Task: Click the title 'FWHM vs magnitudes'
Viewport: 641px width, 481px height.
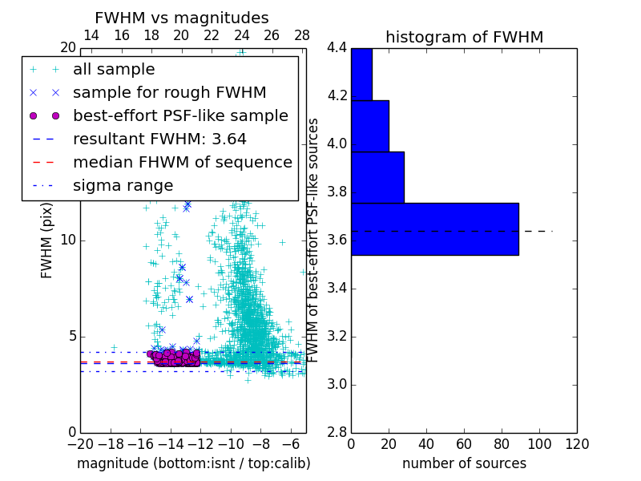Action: [182, 18]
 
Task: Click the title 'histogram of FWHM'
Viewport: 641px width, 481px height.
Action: [464, 37]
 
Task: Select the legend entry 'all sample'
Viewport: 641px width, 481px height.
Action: [114, 70]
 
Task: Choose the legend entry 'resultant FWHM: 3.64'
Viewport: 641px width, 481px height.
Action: [159, 139]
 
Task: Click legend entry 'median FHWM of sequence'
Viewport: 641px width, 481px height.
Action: [182, 162]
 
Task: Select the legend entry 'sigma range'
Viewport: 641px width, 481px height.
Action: [123, 185]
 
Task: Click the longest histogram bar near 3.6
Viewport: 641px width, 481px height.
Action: [434, 229]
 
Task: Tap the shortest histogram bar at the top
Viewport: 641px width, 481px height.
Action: [361, 74]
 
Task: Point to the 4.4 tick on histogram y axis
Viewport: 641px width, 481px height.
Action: [337, 48]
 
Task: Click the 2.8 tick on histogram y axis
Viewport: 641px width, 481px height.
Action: [337, 432]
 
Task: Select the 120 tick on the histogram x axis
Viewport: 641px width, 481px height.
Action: [577, 444]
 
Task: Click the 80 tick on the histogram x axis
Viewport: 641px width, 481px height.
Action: [502, 444]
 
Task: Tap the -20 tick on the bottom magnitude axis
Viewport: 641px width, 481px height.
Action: [80, 444]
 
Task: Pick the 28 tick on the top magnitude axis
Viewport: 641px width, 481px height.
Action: [302, 35]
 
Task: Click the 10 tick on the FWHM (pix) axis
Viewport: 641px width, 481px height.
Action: [69, 240]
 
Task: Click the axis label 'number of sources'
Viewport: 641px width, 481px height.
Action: [464, 463]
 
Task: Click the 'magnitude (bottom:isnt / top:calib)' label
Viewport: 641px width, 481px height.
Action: [193, 463]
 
